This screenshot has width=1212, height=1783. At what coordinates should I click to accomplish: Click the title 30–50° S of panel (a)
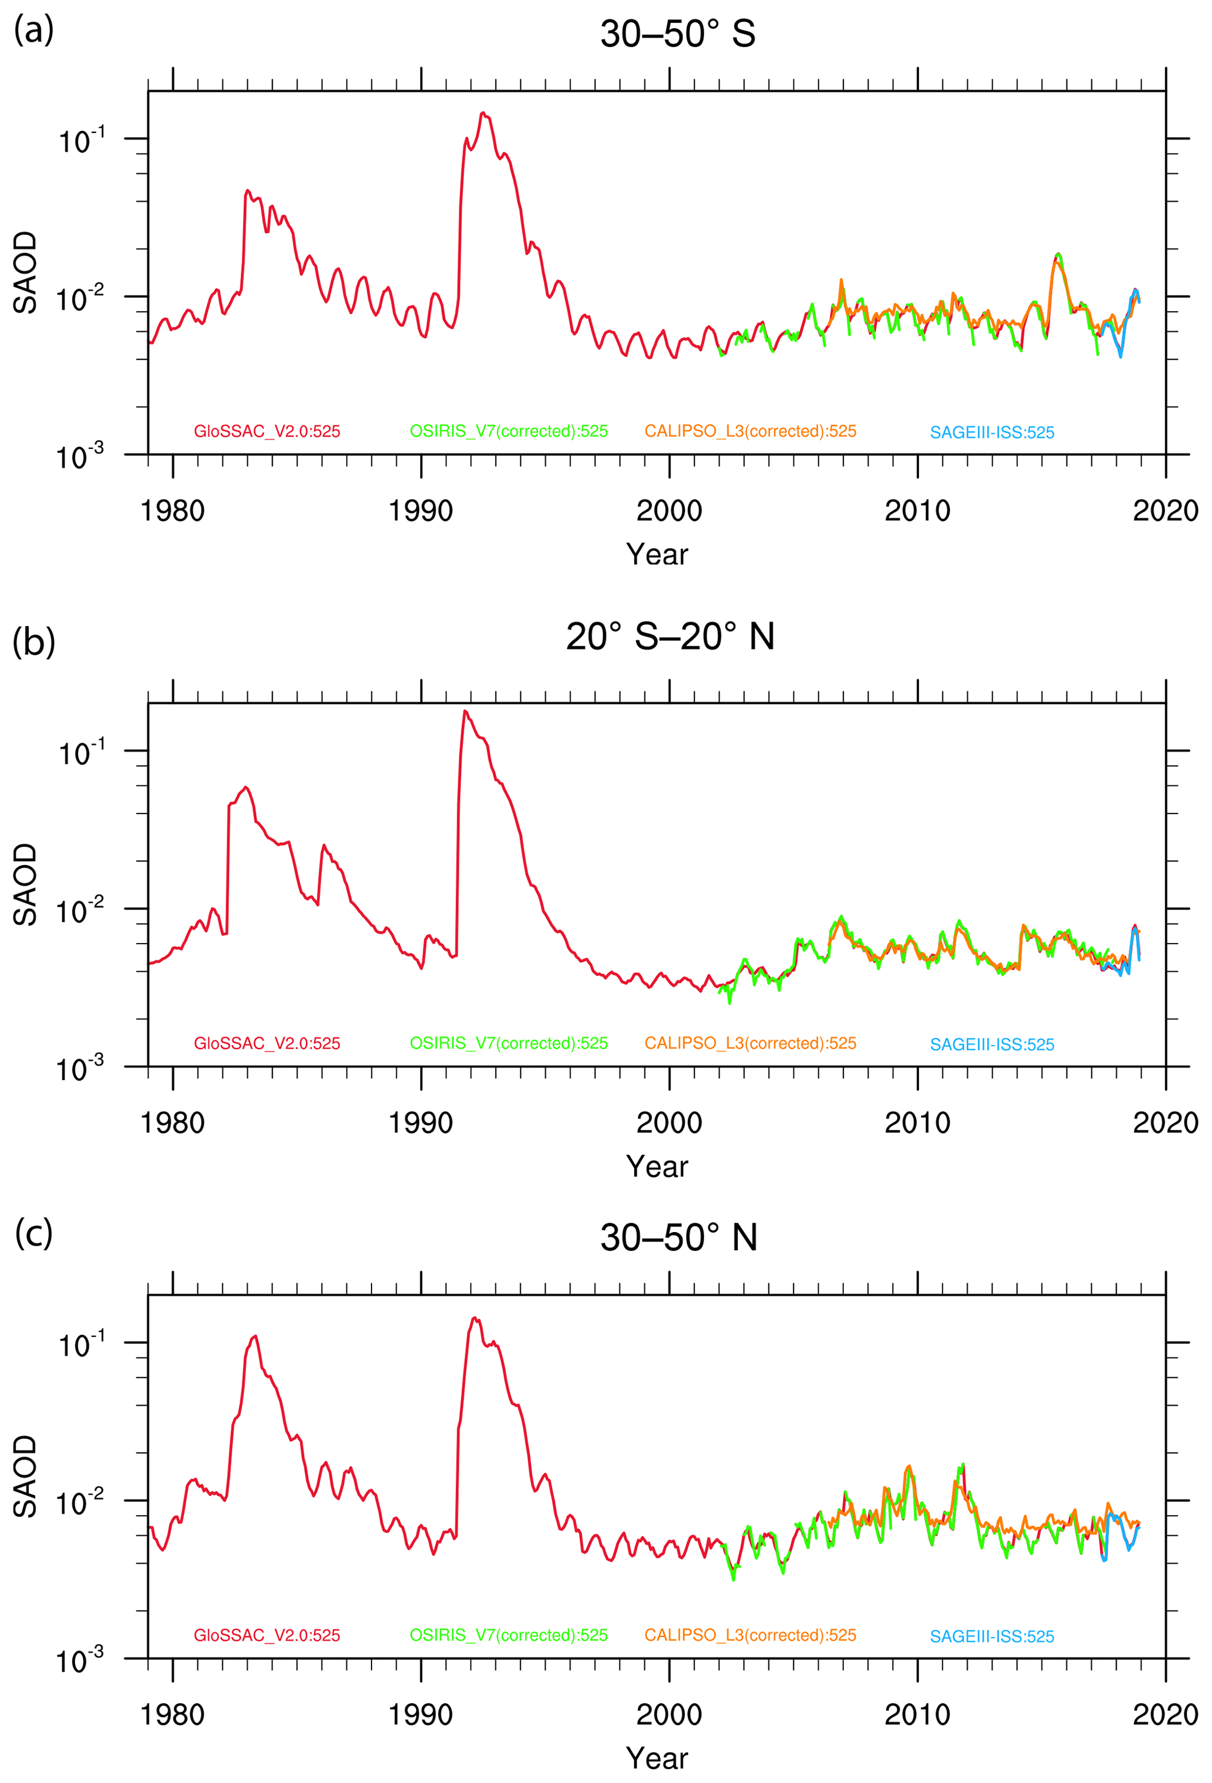click(x=678, y=34)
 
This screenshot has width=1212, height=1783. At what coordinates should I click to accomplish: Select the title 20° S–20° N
click(x=670, y=637)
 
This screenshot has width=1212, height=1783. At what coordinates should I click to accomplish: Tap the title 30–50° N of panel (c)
click(x=678, y=1237)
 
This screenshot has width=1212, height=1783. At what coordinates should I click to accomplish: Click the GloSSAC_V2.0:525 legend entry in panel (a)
click(x=266, y=431)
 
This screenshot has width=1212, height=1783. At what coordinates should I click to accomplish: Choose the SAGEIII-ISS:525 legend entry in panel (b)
click(x=991, y=1044)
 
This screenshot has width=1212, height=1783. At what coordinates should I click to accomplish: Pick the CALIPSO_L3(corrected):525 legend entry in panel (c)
click(x=750, y=1635)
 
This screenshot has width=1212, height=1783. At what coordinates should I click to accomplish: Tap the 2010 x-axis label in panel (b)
click(x=917, y=1123)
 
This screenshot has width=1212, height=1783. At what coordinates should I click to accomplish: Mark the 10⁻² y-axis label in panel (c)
click(x=80, y=1502)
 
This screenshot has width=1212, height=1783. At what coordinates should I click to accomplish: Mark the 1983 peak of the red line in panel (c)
click(x=255, y=1336)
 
